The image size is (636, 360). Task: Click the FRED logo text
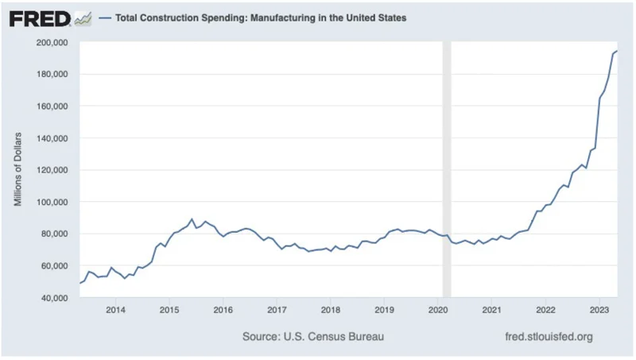pos(39,18)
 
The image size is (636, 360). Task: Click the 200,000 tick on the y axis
pos(52,42)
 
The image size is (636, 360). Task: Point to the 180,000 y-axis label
pos(52,74)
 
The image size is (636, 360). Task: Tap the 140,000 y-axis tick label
pos(52,138)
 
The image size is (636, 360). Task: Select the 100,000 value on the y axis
pos(52,202)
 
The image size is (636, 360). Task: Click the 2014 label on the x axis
pos(116,309)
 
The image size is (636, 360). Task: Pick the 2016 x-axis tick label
pos(223,309)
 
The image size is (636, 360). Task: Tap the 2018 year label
pos(331,309)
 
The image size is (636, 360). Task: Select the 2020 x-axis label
pos(438,309)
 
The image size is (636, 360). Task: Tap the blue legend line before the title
pos(106,18)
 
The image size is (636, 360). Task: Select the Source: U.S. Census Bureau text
pos(312,337)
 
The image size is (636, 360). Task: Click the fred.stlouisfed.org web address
pos(549,337)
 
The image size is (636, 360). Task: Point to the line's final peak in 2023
pos(617,51)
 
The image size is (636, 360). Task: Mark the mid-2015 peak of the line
pos(192,219)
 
